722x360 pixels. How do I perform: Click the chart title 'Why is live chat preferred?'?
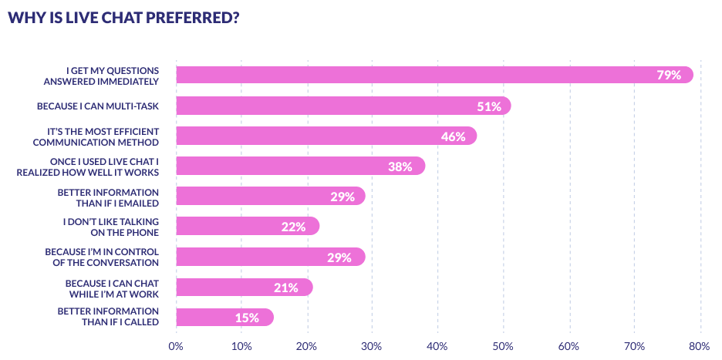coord(123,19)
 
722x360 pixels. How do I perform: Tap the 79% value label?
coord(668,75)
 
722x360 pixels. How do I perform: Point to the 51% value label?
coord(488,106)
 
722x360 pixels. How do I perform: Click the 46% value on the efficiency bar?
coord(453,136)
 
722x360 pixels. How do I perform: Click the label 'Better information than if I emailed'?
coord(108,197)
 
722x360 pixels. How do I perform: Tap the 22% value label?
coord(293,227)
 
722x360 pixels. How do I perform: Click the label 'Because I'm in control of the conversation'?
coord(102,257)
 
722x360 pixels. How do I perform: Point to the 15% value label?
coord(247,318)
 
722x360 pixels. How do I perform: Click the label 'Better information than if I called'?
coord(108,318)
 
